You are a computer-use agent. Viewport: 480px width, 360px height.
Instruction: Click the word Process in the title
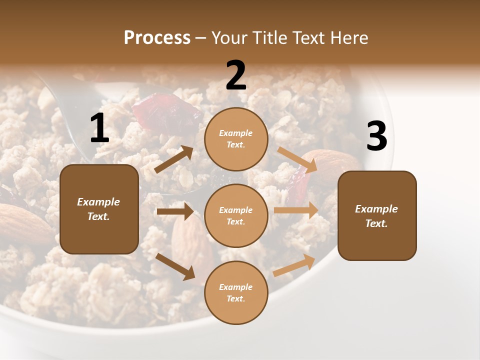click(157, 38)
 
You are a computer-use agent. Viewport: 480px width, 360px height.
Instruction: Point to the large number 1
click(99, 128)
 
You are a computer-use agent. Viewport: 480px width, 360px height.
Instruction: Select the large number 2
click(236, 75)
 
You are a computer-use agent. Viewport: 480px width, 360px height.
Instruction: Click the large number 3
click(376, 136)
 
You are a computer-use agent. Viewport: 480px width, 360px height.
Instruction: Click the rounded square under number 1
click(99, 209)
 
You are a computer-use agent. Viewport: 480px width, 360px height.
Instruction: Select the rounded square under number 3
click(377, 215)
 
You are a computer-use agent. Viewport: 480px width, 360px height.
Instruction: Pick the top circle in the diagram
click(236, 139)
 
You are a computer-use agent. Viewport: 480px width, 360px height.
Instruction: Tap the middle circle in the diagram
click(236, 215)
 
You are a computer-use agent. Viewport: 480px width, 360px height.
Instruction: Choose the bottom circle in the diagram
click(236, 292)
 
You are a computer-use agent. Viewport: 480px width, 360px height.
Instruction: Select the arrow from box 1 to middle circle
click(175, 211)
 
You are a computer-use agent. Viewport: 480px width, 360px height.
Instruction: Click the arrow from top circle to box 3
click(297, 160)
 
